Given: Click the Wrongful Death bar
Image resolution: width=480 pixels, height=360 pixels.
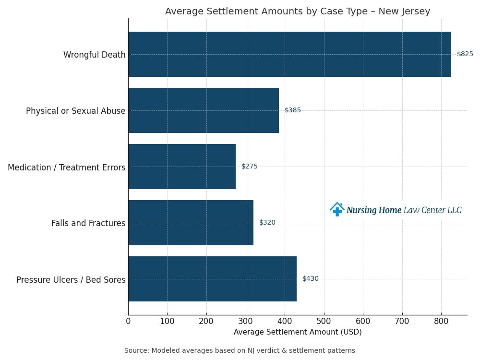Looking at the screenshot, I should [289, 54].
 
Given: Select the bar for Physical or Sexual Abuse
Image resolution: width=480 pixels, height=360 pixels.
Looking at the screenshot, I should [204, 110].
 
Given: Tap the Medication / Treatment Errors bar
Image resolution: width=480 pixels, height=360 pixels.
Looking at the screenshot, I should [182, 167].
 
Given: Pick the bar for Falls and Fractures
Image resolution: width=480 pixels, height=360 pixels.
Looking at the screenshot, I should [191, 223].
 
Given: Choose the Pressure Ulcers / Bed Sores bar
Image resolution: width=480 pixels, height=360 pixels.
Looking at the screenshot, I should [212, 279].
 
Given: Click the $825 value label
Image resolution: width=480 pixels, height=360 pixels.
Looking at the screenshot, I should [465, 54].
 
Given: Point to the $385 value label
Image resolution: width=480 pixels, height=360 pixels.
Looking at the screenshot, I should [293, 110].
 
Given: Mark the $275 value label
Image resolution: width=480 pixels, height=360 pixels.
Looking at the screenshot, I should [250, 167].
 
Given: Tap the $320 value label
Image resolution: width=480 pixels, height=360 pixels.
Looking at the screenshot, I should [267, 223].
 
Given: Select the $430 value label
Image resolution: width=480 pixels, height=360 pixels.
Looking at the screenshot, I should [311, 279].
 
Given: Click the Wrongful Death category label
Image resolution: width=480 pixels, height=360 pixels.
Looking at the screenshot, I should [94, 55].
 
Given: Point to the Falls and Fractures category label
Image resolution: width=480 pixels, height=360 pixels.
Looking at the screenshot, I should [88, 223].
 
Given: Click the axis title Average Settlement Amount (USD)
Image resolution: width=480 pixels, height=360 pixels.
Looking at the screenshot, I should [298, 332].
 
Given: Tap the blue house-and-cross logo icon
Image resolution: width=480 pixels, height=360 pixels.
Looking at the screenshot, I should [337, 209].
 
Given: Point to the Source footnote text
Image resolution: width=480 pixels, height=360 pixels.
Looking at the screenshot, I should [240, 351].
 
